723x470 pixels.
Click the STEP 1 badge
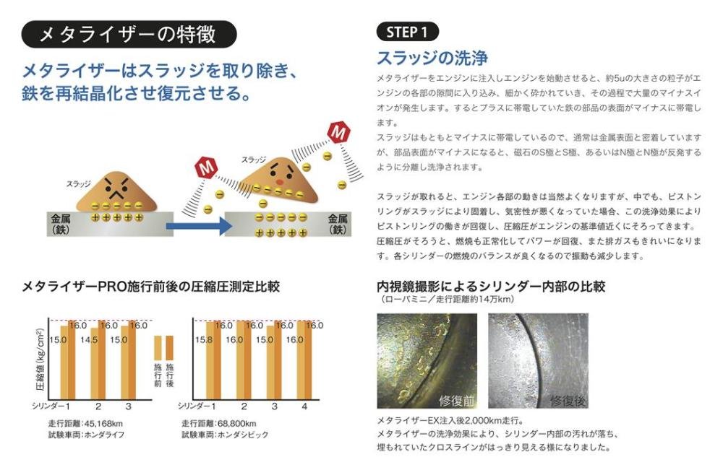[x=407, y=32]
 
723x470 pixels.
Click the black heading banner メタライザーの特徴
[x=129, y=34]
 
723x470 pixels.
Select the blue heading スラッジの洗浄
[x=432, y=58]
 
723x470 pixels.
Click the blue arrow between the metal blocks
[x=198, y=225]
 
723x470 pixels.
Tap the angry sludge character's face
[x=117, y=186]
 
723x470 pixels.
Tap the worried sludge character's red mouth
[x=279, y=181]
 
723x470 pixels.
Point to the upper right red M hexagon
[x=339, y=133]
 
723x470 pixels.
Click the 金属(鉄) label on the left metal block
[x=61, y=225]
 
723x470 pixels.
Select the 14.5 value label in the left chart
[x=88, y=340]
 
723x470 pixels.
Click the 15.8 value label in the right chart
[x=203, y=340]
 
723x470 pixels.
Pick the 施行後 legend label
[x=170, y=375]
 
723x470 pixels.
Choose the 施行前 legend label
[x=158, y=375]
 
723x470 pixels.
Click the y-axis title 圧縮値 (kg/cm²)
[x=40, y=360]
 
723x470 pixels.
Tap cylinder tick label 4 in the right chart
[x=304, y=406]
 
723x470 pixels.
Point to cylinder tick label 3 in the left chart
[x=128, y=406]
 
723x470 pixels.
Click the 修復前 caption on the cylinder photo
[x=456, y=401]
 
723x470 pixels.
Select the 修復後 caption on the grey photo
[x=568, y=401]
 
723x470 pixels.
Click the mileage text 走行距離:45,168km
[x=85, y=423]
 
